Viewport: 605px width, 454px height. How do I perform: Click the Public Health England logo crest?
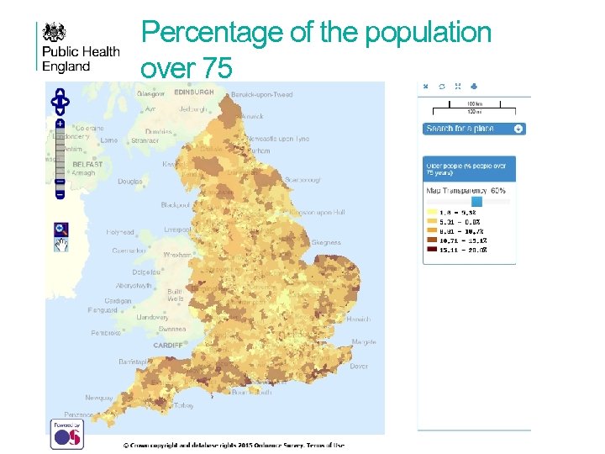[55, 33]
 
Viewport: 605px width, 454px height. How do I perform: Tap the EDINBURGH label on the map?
[193, 92]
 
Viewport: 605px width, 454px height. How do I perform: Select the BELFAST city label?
[87, 165]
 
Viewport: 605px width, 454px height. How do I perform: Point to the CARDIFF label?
[168, 346]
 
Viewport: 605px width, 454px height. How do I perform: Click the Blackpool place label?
[176, 205]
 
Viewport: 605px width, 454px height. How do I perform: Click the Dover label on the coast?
[358, 367]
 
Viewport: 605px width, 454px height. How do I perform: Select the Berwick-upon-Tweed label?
[262, 95]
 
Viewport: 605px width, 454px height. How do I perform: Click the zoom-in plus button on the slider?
[60, 124]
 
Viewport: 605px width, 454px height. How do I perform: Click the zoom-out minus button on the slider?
[60, 194]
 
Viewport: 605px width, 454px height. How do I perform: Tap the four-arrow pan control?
[60, 103]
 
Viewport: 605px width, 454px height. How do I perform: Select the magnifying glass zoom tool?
[60, 229]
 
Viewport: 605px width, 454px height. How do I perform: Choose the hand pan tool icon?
[60, 245]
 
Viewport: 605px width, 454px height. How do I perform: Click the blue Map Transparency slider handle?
[477, 201]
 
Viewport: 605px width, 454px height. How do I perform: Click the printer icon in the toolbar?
[475, 86]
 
